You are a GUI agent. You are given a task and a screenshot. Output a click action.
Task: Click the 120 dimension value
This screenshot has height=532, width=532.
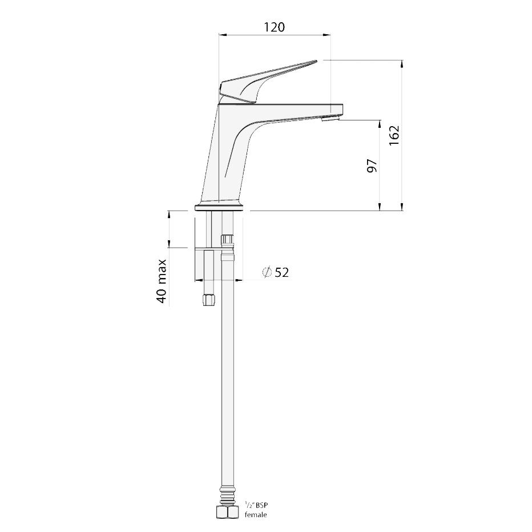point(274,27)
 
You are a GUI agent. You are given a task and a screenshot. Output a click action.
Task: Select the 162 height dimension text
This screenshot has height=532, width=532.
point(394,135)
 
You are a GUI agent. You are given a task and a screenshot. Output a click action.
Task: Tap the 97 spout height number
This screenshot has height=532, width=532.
point(372,166)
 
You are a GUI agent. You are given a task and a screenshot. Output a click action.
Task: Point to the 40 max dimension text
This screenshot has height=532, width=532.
point(162,281)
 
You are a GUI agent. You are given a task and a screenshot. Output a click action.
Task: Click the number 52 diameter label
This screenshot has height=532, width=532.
point(282,272)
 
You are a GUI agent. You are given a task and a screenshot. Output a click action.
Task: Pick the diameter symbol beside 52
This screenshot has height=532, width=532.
point(267,272)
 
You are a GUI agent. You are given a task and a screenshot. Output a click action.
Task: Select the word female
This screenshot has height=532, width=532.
point(256,515)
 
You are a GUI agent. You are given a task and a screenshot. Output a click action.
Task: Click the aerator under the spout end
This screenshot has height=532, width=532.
point(330,118)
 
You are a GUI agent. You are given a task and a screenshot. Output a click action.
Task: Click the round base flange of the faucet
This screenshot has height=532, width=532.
point(220,207)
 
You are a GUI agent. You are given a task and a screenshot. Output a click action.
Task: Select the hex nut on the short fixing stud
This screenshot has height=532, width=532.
point(209,300)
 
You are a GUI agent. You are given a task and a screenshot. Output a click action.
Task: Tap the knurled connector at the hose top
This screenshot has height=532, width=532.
point(227,239)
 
